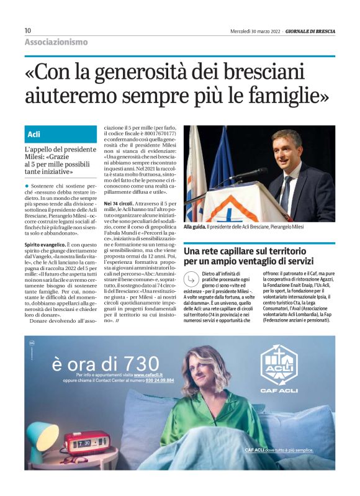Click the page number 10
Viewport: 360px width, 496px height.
[28, 30]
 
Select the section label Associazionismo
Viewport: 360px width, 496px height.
[56, 42]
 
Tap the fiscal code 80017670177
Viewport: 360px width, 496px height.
[155, 133]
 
